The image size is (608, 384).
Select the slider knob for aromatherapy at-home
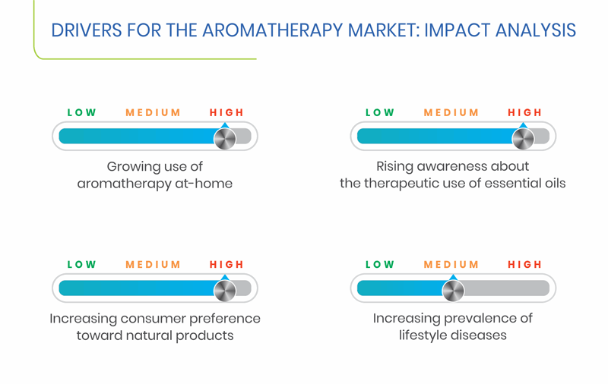pyautogui.click(x=225, y=138)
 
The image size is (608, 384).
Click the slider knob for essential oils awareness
pyautogui.click(x=523, y=138)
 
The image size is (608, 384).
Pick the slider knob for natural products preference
pyautogui.click(x=225, y=291)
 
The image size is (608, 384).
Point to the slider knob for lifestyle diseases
pyautogui.click(x=453, y=291)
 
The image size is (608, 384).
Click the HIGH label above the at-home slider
pyautogui.click(x=226, y=112)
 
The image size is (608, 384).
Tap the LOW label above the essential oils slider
pyautogui.click(x=380, y=112)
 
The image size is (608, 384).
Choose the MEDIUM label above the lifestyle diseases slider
pyautogui.click(x=451, y=265)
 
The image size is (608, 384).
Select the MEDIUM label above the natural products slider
pyautogui.click(x=153, y=265)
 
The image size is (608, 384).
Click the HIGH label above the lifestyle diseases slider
pyautogui.click(x=524, y=265)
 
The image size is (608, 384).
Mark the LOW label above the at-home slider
pyautogui.click(x=82, y=112)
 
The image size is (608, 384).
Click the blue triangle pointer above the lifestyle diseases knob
pyautogui.click(x=453, y=277)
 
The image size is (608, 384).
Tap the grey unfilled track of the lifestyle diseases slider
pyautogui.click(x=506, y=288)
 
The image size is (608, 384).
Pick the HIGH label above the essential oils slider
pyautogui.click(x=524, y=112)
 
